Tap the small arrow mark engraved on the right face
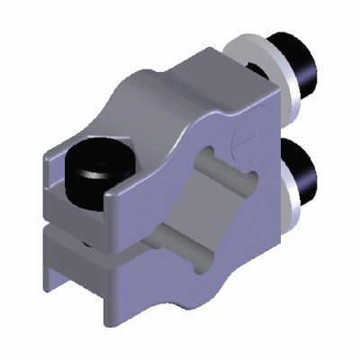[x=236, y=140]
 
